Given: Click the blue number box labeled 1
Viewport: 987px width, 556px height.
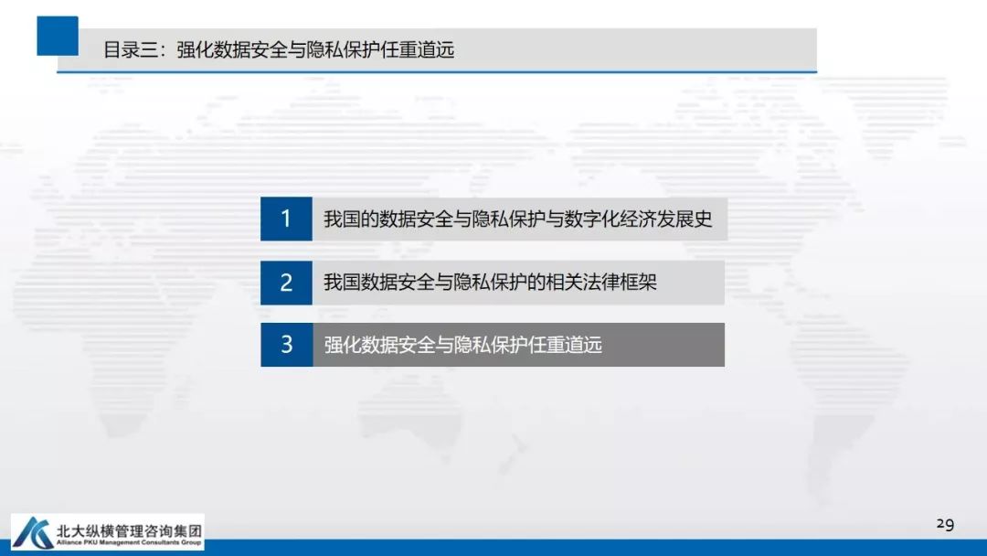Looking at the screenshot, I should [286, 219].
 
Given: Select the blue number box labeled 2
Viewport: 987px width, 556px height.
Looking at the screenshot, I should [286, 283].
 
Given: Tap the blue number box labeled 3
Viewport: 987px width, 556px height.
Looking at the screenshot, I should [286, 345].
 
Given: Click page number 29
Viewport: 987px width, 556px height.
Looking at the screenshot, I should [945, 524].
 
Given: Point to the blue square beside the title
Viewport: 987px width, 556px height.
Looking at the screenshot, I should [58, 36].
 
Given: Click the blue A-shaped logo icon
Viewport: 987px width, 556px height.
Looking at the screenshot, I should [34, 532].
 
